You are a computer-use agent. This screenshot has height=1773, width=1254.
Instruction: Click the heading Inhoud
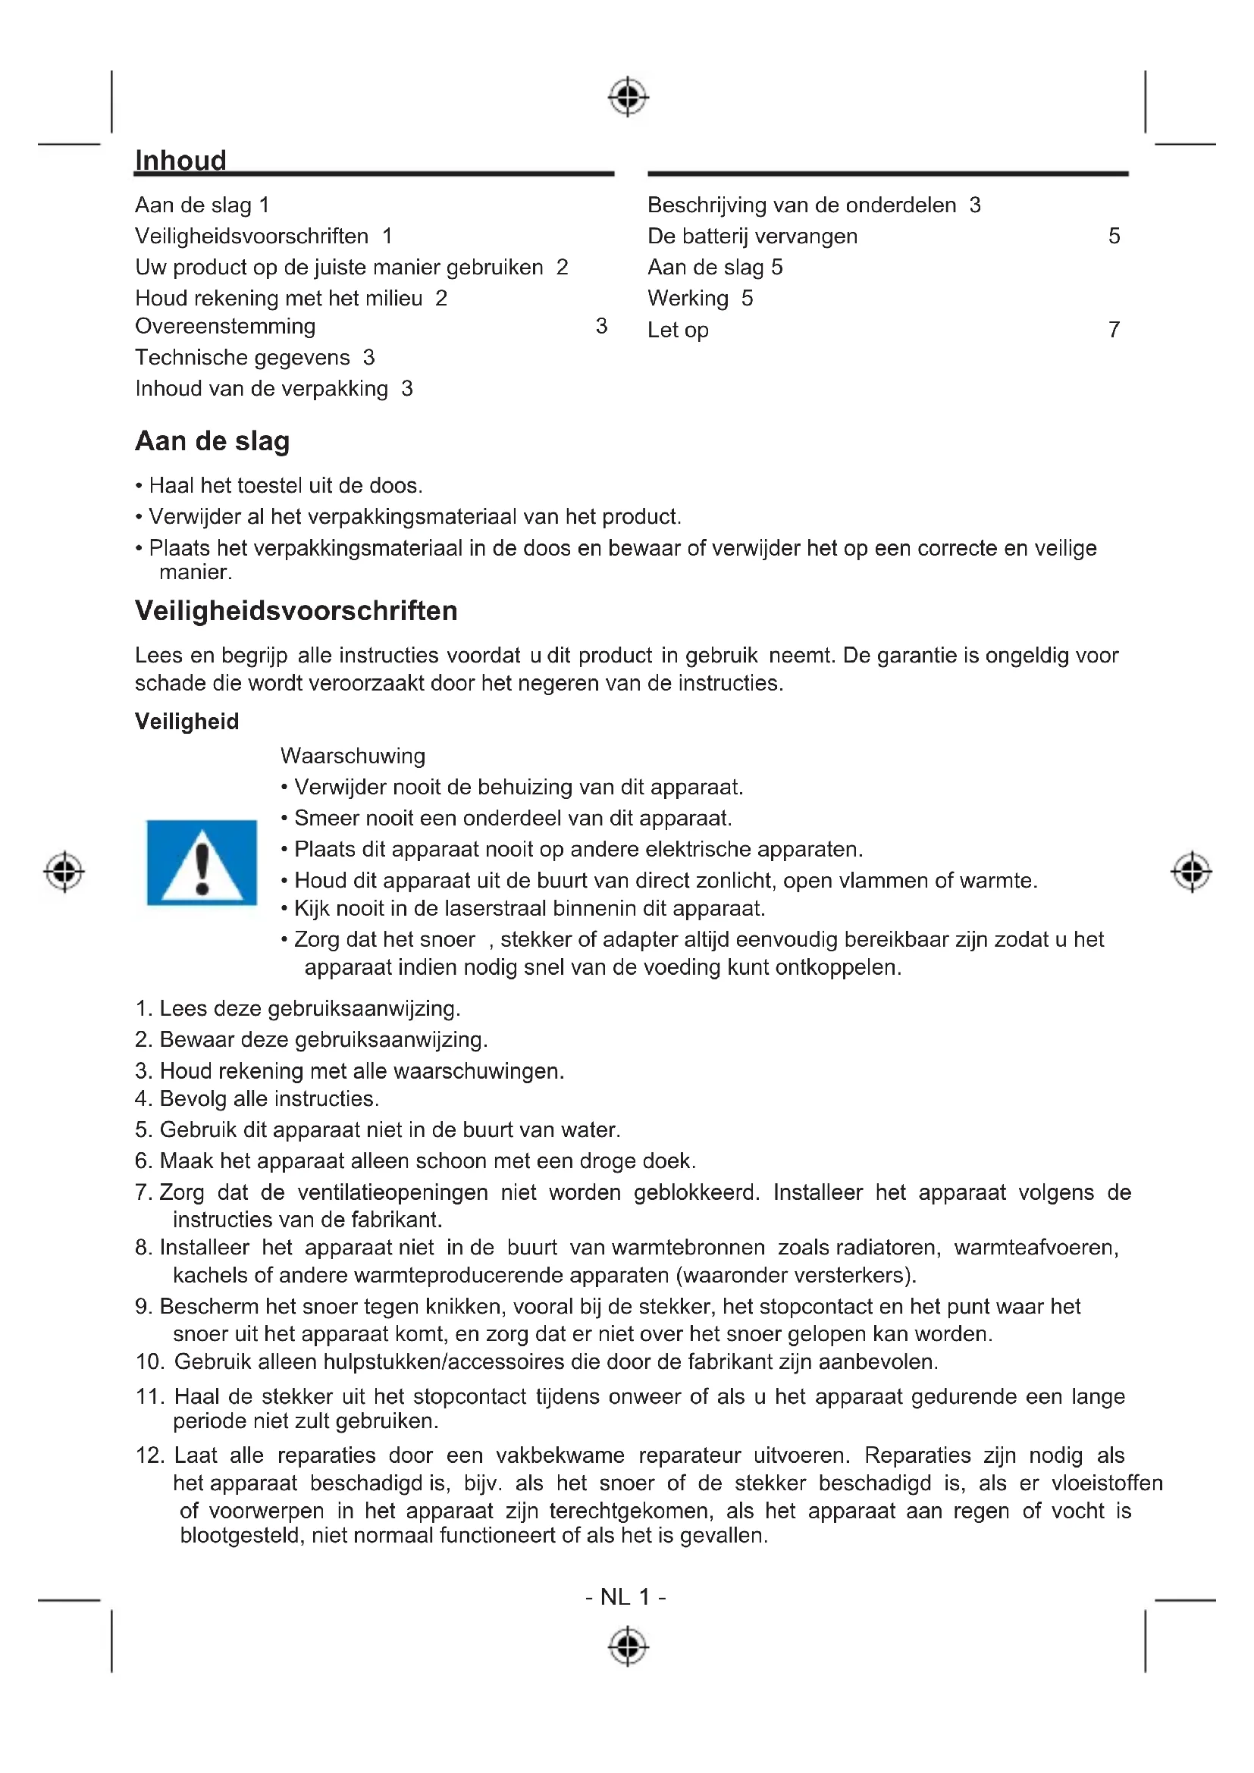tap(180, 161)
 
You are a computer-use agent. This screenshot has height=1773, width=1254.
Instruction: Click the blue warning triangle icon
tap(202, 862)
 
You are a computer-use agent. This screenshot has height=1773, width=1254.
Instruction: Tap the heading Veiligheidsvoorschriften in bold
tap(296, 611)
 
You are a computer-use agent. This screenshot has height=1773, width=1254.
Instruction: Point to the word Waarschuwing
tap(353, 755)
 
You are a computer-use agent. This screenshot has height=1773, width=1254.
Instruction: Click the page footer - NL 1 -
tap(626, 1596)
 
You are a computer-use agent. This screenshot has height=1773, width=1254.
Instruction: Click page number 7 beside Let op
tap(1114, 330)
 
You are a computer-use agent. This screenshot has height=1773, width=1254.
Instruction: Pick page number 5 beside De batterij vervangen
tap(1114, 237)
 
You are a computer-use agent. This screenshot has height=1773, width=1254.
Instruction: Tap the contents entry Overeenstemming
tap(225, 327)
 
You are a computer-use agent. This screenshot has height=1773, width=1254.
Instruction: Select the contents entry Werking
tap(688, 298)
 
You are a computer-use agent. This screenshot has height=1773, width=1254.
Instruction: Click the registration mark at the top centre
tap(629, 97)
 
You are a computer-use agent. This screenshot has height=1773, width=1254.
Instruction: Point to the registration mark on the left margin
tap(64, 872)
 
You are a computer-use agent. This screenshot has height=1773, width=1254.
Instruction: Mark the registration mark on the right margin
tap(1192, 872)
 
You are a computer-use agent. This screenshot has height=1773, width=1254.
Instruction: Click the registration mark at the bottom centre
tap(629, 1646)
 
